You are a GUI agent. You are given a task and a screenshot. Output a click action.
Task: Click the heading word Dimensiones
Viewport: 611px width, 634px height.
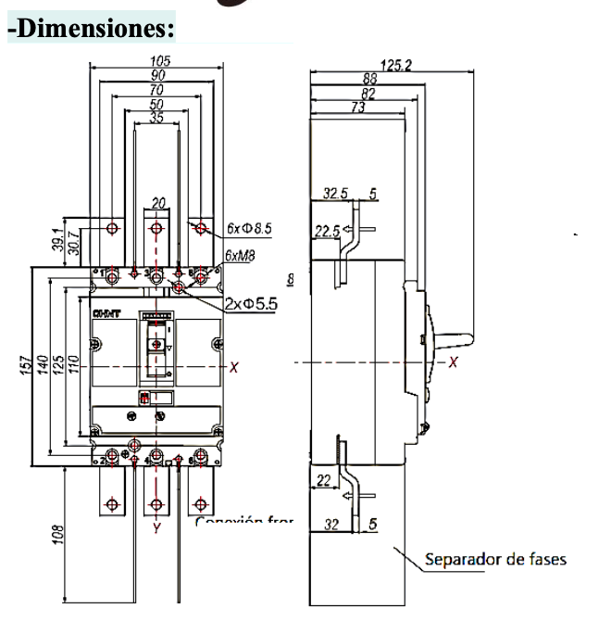pyautogui.click(x=92, y=28)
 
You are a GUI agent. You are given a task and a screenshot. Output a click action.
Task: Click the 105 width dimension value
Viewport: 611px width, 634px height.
pyautogui.click(x=157, y=61)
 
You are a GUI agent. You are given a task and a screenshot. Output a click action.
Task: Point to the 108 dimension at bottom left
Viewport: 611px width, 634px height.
pyautogui.click(x=56, y=536)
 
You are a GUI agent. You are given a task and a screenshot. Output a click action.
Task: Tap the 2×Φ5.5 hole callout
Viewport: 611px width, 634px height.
pyautogui.click(x=252, y=303)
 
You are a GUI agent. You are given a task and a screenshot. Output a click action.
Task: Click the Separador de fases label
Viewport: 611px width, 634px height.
pyautogui.click(x=494, y=559)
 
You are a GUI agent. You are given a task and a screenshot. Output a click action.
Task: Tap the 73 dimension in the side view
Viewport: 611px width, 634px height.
pyautogui.click(x=356, y=108)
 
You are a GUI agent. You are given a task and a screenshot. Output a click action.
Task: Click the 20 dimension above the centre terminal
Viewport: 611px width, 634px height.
pyautogui.click(x=158, y=203)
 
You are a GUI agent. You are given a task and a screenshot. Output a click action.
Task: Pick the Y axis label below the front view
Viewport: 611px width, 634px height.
pyautogui.click(x=156, y=528)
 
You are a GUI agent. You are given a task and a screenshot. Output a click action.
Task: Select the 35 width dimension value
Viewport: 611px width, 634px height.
pyautogui.click(x=157, y=117)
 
